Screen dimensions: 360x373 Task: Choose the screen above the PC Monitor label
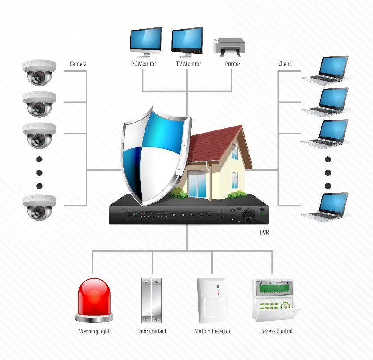point(145,40)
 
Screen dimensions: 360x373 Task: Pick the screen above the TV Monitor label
point(188,40)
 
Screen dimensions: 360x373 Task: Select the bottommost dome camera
point(39,207)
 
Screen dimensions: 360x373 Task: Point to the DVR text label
point(264,233)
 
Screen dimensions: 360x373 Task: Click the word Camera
point(78,64)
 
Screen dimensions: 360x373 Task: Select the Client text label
point(285,64)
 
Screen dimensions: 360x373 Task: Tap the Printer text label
point(233,64)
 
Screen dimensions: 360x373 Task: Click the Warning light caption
point(94,331)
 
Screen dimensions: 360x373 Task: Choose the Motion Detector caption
point(212,331)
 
